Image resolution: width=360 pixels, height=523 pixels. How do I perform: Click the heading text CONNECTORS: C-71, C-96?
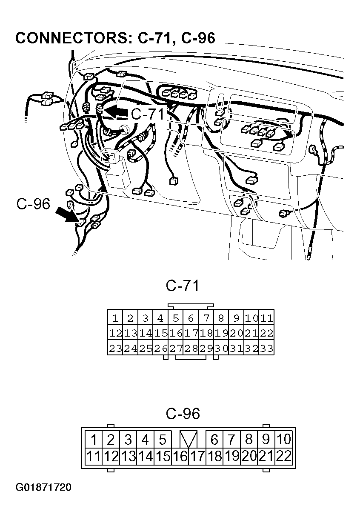115,38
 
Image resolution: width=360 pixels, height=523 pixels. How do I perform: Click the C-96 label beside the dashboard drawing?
33,203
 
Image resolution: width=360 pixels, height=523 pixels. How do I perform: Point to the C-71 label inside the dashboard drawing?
148,114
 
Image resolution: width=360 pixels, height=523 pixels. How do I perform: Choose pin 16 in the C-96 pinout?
180,457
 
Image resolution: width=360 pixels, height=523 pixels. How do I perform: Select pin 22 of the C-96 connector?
284,457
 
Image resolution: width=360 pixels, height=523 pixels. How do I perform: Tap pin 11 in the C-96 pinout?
93,457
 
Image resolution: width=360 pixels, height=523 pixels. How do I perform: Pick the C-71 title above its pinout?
182,285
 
